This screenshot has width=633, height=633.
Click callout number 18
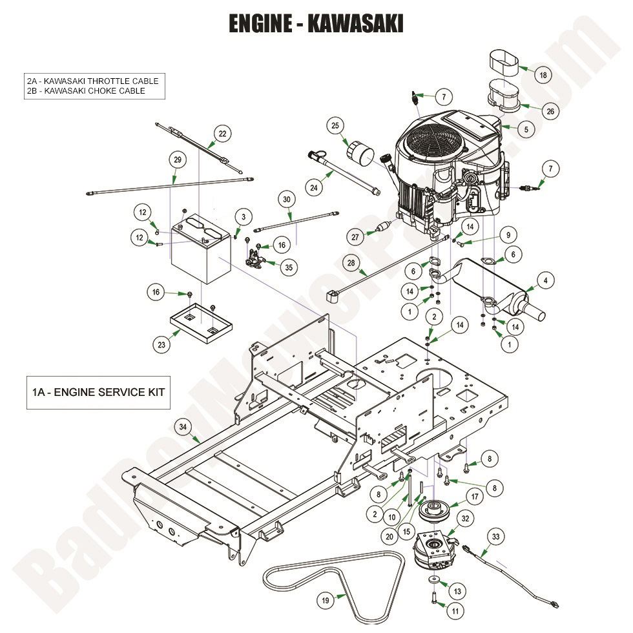click(x=543, y=75)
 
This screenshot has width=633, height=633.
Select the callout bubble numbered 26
click(x=550, y=111)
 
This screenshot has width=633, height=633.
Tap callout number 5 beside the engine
click(x=526, y=129)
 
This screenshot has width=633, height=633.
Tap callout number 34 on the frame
click(x=183, y=426)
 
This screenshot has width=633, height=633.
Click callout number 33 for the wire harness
click(x=495, y=536)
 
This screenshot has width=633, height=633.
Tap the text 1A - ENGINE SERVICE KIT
click(x=98, y=392)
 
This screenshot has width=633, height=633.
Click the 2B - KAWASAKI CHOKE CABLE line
click(x=86, y=91)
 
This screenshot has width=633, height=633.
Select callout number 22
click(x=222, y=134)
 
